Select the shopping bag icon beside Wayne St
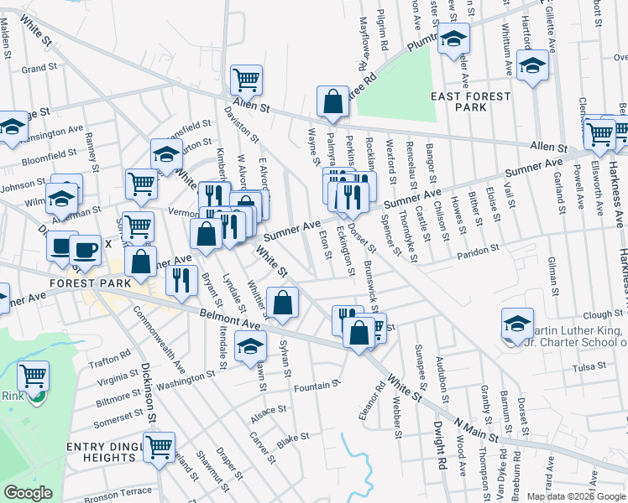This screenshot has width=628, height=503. [x=333, y=101]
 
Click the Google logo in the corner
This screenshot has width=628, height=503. [x=28, y=493]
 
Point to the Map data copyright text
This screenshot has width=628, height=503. [x=576, y=496]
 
